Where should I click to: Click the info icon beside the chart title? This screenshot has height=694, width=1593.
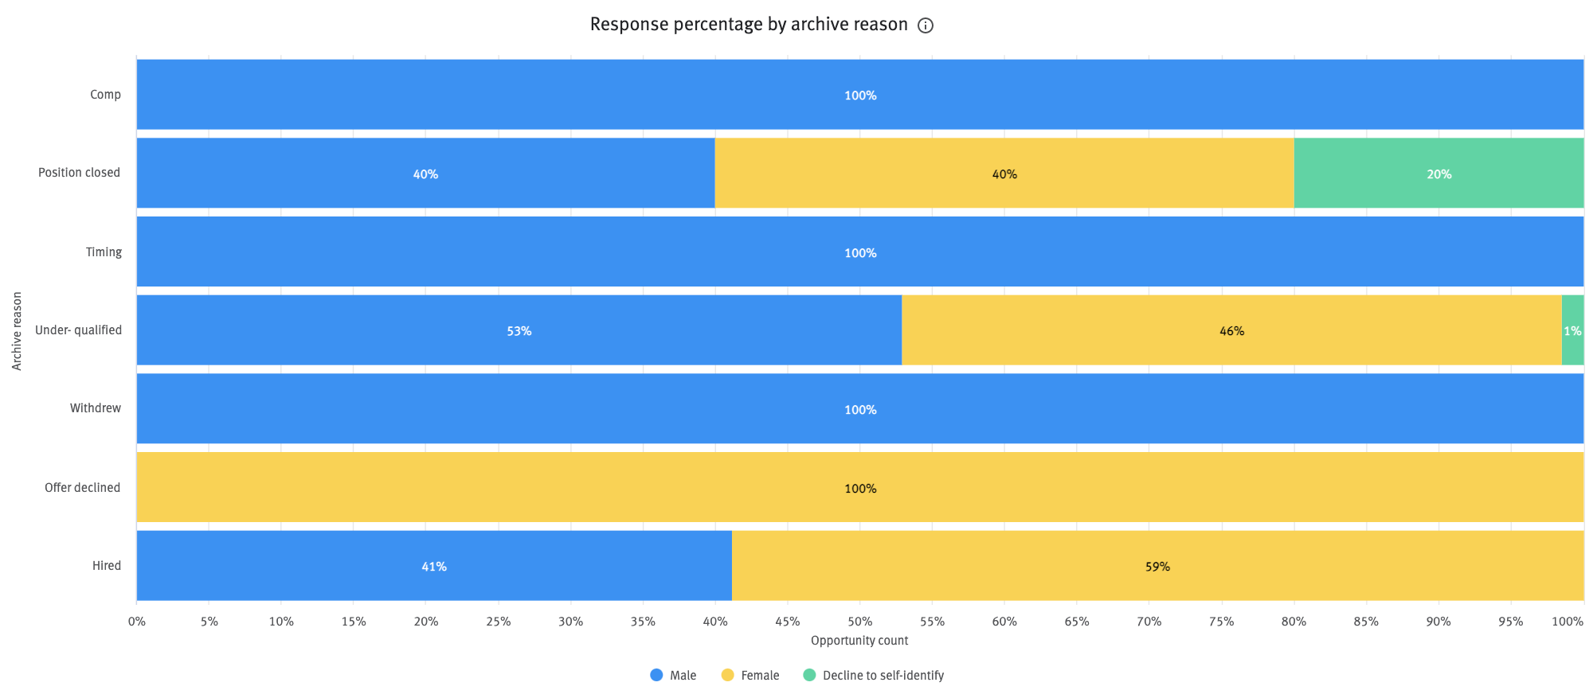[x=925, y=25]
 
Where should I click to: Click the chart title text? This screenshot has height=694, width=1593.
[x=748, y=25]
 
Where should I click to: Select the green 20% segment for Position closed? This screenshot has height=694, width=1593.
[x=1438, y=173]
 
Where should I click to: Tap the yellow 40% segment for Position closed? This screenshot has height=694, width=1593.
[x=1004, y=173]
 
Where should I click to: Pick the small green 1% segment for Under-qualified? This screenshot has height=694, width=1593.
[x=1572, y=330]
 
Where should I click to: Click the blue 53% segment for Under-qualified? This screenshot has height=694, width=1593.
[x=519, y=330]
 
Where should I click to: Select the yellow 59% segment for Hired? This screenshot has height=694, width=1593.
[x=1157, y=566]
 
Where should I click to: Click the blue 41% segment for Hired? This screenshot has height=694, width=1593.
[x=433, y=566]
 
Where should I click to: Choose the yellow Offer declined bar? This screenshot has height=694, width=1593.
[x=859, y=487]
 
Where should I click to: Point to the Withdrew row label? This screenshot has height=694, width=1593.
[x=96, y=408]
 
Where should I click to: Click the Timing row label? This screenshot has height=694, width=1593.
[x=104, y=252]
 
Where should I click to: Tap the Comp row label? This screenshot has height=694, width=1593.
[x=105, y=95]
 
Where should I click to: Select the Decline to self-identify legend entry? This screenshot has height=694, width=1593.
[x=874, y=675]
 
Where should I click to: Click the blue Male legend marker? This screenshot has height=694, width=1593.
[x=656, y=675]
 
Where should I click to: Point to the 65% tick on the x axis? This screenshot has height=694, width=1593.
[x=1076, y=622]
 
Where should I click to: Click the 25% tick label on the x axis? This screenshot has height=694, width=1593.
[x=498, y=622]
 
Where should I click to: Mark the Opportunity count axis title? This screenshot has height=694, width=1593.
[x=859, y=641]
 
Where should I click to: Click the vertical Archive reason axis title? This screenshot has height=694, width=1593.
[x=17, y=330]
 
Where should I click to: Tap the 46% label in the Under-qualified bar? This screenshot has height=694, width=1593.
[x=1231, y=331]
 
